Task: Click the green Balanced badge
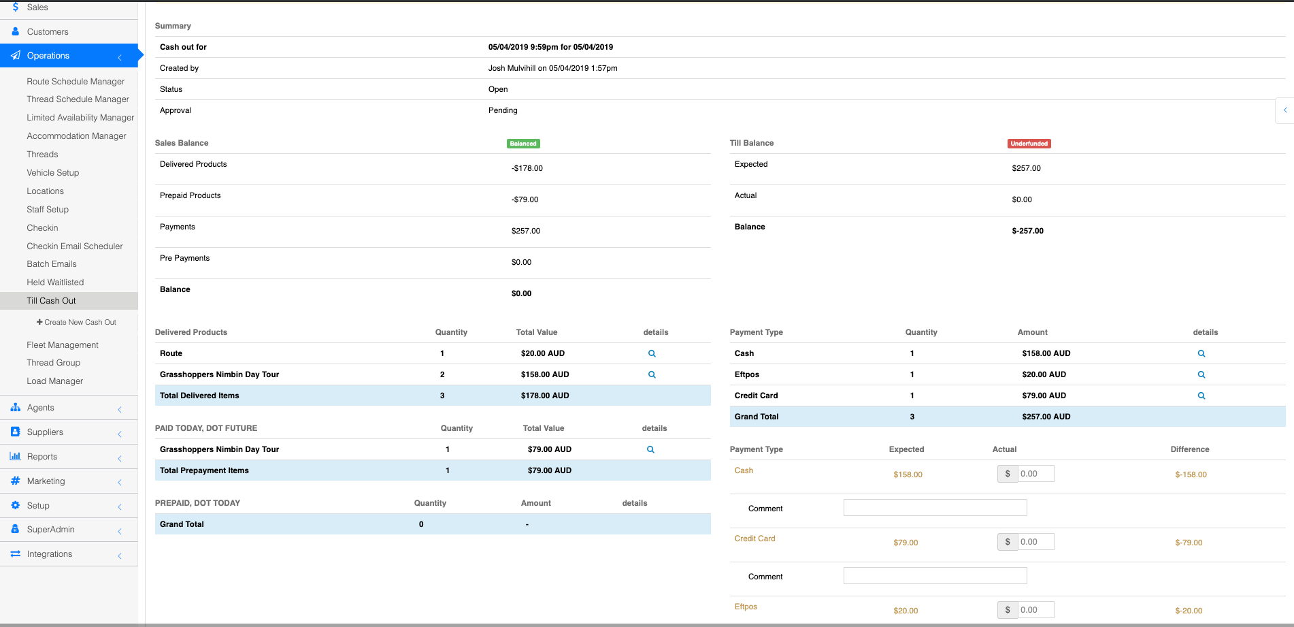pyautogui.click(x=522, y=144)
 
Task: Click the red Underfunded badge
pyautogui.click(x=1029, y=144)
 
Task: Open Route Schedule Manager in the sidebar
pyautogui.click(x=76, y=82)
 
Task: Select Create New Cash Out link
pyautogui.click(x=76, y=323)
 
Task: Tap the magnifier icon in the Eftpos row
pyautogui.click(x=1201, y=375)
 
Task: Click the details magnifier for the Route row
pyautogui.click(x=652, y=354)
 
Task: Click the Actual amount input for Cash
pyautogui.click(x=1035, y=474)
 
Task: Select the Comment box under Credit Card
pyautogui.click(x=935, y=576)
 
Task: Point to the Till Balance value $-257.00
pyautogui.click(x=1027, y=231)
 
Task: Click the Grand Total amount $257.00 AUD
pyautogui.click(x=1046, y=417)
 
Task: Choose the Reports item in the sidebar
pyautogui.click(x=42, y=457)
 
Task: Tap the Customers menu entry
pyautogui.click(x=48, y=32)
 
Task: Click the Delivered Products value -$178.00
pyautogui.click(x=527, y=169)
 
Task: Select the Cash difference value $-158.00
pyautogui.click(x=1191, y=475)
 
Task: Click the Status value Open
pyautogui.click(x=498, y=90)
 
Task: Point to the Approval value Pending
pyautogui.click(x=503, y=111)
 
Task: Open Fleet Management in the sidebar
pyautogui.click(x=63, y=345)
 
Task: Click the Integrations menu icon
pyautogui.click(x=15, y=554)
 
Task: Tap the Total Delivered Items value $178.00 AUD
pyautogui.click(x=544, y=396)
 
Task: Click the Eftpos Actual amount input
pyautogui.click(x=1035, y=610)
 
